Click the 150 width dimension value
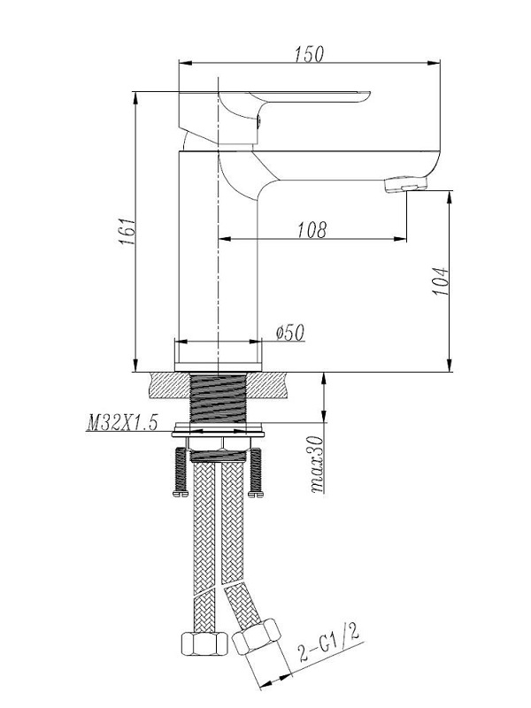310,54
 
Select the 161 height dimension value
127,232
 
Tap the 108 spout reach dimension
312,230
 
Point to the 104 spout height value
441,281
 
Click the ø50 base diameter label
290,333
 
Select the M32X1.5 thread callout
122,423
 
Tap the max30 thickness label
318,464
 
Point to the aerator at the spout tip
405,184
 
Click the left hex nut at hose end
204,643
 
